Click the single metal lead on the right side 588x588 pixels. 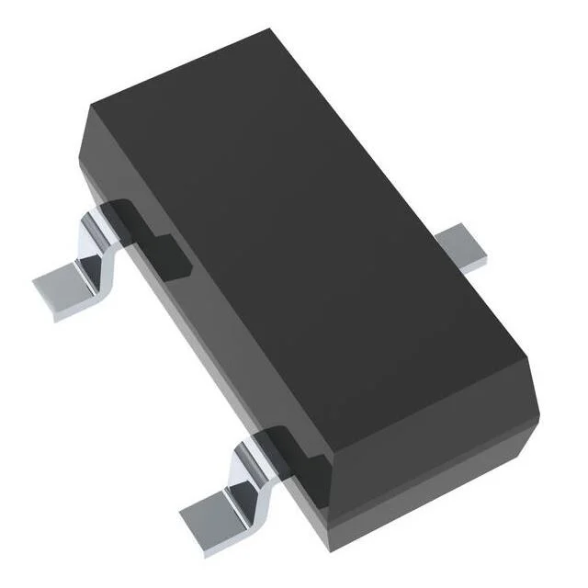click(464, 249)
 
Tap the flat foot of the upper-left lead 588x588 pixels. click(64, 288)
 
